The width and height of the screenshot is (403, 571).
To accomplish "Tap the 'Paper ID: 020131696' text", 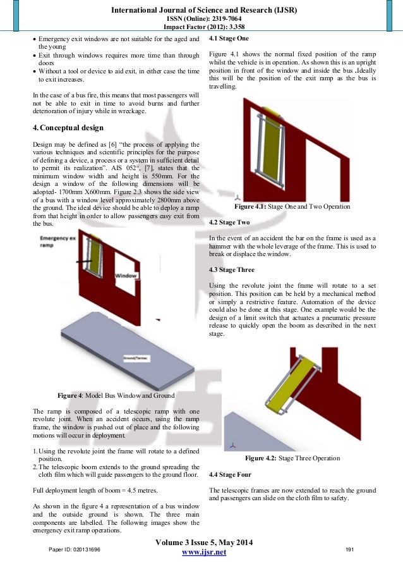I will [75, 550].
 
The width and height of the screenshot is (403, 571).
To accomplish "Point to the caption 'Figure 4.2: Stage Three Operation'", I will [292, 458].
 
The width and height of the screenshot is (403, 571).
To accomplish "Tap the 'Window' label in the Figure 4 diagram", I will [126, 276].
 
